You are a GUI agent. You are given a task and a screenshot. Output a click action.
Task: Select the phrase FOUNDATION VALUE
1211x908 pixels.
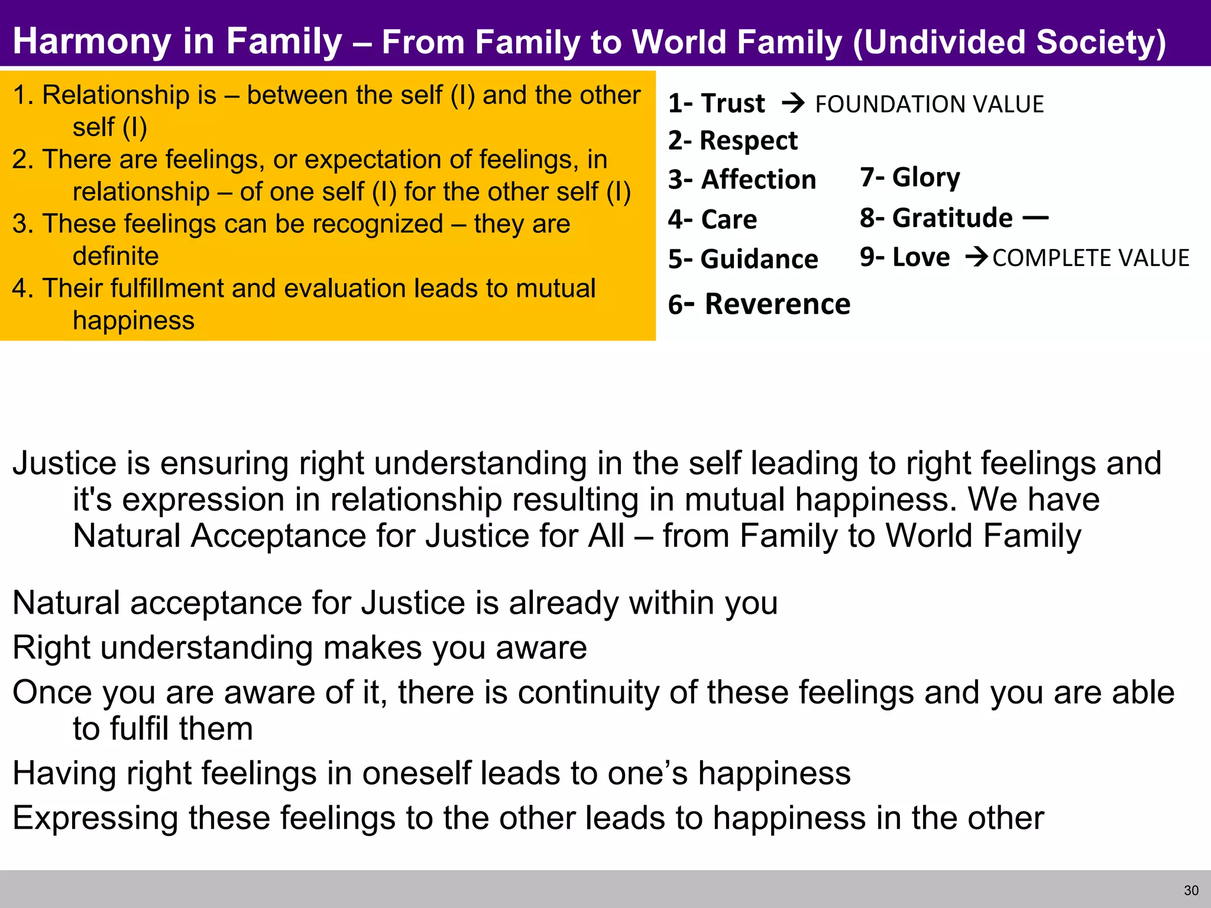click(929, 105)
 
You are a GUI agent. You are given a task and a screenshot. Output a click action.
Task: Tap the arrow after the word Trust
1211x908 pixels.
click(793, 103)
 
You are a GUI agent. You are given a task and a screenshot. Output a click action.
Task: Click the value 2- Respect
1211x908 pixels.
click(733, 141)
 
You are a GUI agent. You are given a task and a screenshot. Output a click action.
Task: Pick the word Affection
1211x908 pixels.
click(758, 180)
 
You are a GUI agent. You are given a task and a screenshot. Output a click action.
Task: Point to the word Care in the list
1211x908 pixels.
click(728, 219)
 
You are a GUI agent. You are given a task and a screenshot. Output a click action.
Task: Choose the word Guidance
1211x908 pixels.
click(759, 260)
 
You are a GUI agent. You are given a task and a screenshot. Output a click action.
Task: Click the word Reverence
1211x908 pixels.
click(777, 304)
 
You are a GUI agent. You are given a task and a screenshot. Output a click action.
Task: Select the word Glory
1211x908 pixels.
click(926, 177)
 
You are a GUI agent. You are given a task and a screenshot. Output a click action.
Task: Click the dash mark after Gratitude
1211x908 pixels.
click(1035, 218)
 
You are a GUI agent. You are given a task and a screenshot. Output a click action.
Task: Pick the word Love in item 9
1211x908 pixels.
click(921, 257)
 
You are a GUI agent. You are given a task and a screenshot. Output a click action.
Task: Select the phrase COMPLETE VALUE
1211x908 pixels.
click(1090, 258)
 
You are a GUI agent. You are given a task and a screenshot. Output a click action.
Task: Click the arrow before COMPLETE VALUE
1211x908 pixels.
click(976, 257)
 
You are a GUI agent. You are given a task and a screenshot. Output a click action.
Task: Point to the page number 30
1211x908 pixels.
click(1191, 890)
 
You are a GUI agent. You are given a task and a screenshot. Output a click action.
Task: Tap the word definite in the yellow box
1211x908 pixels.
click(115, 256)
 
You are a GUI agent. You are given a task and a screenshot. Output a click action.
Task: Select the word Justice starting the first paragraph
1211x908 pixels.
click(64, 463)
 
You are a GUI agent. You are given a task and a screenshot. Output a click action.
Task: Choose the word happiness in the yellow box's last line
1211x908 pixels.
click(133, 320)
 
